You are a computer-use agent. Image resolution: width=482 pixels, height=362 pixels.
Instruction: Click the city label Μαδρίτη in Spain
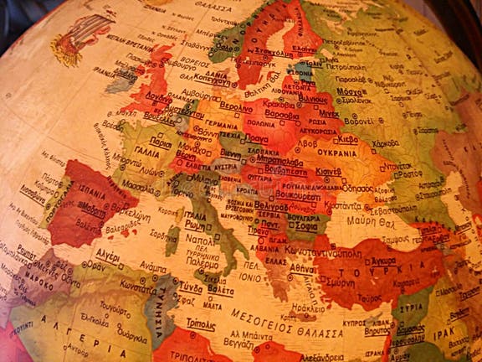[92, 211]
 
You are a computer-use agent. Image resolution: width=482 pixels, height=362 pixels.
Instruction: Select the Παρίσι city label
[161, 143]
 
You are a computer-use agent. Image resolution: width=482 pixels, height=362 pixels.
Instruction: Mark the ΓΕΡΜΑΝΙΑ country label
[222, 125]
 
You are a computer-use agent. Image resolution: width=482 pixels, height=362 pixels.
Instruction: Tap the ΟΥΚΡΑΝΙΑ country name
[339, 153]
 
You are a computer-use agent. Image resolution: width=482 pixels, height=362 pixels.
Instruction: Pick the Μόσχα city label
[350, 91]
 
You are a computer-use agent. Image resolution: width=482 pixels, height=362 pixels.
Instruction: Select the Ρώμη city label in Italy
[194, 225]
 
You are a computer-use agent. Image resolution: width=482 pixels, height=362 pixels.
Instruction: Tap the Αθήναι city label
[302, 269]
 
